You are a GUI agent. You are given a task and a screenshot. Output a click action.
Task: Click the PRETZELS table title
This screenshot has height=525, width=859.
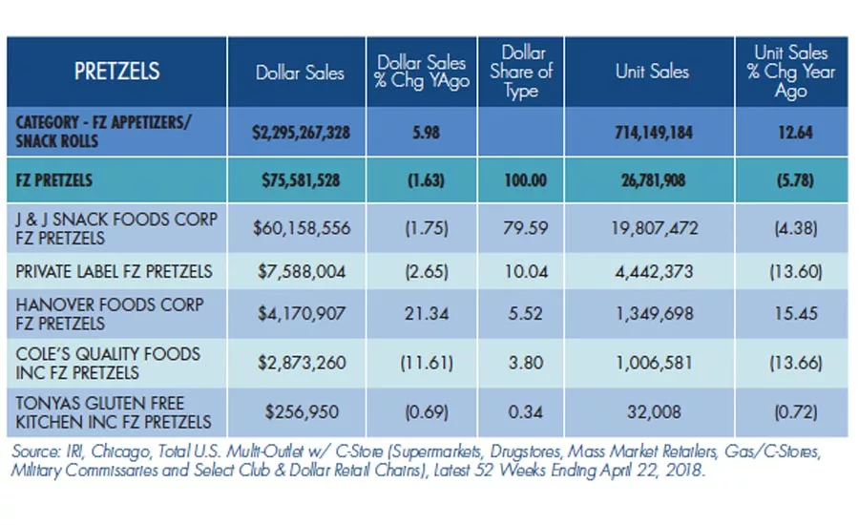(116, 72)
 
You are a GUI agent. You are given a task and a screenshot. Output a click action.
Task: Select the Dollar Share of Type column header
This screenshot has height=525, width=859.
(521, 72)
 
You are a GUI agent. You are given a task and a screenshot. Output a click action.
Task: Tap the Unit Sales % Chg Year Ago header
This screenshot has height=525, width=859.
(790, 72)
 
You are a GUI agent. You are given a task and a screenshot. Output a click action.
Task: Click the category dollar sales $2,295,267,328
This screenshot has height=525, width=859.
(301, 132)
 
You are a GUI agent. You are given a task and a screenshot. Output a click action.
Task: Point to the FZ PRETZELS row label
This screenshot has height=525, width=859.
(53, 180)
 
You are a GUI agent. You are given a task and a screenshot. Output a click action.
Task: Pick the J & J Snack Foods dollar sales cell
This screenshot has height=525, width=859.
(302, 228)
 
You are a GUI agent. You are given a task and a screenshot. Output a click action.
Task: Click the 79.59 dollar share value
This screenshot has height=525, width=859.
(525, 228)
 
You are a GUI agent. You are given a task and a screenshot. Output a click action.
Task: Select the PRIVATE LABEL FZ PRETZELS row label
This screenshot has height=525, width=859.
(114, 271)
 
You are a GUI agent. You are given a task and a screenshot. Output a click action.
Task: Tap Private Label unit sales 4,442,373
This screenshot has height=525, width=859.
(654, 272)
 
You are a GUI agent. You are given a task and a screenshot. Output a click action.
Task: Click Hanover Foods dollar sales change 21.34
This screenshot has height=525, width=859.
(427, 313)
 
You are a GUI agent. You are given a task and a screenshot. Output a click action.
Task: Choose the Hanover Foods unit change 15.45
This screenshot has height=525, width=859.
(795, 313)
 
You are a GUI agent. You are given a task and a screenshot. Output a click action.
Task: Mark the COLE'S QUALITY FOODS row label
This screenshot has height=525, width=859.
(108, 364)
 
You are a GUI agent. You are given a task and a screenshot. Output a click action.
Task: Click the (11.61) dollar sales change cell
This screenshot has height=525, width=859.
(427, 363)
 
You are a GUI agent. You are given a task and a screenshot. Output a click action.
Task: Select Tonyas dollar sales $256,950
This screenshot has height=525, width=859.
(302, 412)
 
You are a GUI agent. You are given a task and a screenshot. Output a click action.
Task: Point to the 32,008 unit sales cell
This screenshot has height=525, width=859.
(654, 412)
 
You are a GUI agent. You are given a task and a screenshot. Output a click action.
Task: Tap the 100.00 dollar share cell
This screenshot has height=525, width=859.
(525, 180)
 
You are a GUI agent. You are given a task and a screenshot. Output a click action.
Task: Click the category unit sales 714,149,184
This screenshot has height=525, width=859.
(654, 132)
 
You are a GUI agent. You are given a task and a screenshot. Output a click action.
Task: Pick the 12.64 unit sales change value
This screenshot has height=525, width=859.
(795, 132)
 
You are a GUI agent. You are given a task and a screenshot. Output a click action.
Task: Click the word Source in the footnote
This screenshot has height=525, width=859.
(36, 451)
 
